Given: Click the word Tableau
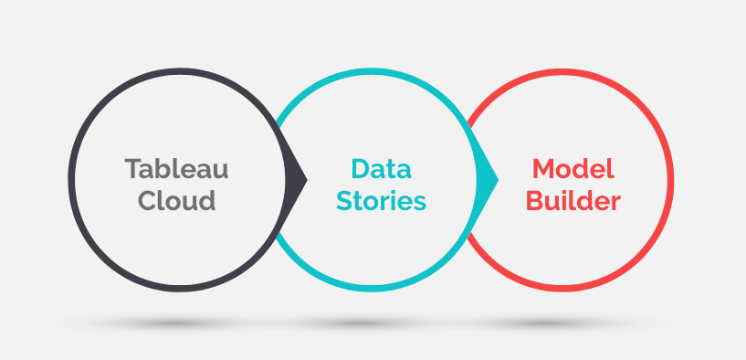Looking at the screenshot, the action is click(176, 168).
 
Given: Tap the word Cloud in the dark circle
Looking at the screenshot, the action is click(176, 200).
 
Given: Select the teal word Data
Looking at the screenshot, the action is click(381, 168).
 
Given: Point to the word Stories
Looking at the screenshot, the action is click(381, 200).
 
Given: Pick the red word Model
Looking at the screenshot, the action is click(573, 168).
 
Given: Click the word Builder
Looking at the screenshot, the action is click(573, 200).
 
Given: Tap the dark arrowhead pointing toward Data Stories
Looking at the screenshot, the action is click(294, 179).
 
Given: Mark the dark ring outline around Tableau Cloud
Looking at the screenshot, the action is click(71, 180).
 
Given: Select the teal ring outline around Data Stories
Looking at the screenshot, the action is click(372, 71).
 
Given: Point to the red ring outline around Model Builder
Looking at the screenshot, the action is click(670, 180).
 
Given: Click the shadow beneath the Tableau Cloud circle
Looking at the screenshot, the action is click(178, 323).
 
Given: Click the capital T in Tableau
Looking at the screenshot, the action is click(133, 168).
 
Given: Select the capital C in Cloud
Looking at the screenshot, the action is click(147, 200).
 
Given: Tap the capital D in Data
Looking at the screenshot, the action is click(361, 168).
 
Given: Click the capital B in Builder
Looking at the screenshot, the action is click(535, 200).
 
